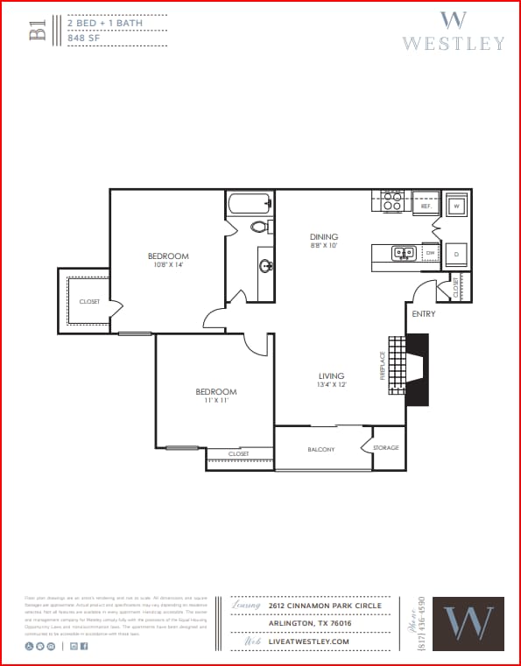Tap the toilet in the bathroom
click(259, 227)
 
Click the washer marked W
click(455, 207)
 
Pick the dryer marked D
click(455, 253)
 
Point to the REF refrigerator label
click(426, 207)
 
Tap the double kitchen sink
click(404, 253)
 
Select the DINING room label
click(323, 237)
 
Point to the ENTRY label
click(423, 313)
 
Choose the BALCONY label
click(320, 450)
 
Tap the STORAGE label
click(385, 448)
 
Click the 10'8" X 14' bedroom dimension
click(167, 265)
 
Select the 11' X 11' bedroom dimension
click(215, 400)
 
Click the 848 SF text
click(86, 38)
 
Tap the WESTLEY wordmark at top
click(453, 43)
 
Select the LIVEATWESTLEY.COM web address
click(309, 641)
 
